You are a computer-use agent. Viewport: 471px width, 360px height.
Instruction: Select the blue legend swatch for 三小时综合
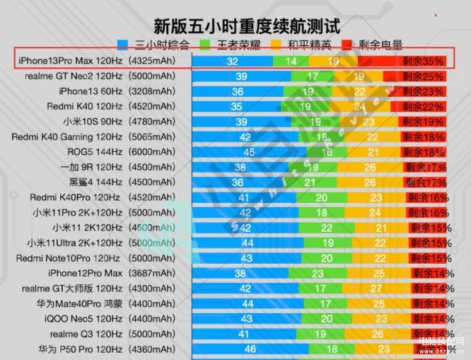click(123, 45)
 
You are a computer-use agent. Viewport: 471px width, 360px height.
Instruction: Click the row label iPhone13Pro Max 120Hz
click(71, 61)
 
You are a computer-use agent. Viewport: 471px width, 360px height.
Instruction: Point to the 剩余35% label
click(423, 62)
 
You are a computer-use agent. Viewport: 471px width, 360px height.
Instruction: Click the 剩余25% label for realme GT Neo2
click(423, 77)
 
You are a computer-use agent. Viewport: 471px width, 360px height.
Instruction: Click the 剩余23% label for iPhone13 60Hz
click(423, 92)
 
